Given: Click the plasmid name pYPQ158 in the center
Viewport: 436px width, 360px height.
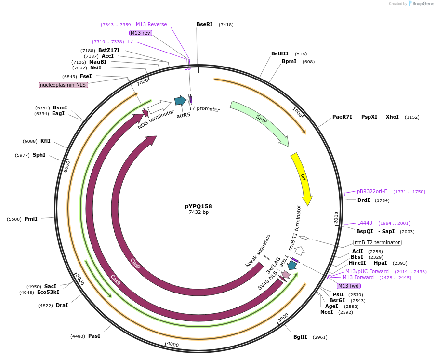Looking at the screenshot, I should point(198,206).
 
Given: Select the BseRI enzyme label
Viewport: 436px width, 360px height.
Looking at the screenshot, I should point(204,24).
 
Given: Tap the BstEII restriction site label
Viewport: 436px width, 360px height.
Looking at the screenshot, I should point(279,54).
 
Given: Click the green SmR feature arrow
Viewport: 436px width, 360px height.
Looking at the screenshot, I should point(260,123).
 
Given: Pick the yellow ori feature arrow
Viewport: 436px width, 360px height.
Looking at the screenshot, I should point(302,178).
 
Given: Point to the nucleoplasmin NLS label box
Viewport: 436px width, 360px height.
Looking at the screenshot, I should point(63,85).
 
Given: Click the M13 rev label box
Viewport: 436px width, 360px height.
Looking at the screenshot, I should point(140,33).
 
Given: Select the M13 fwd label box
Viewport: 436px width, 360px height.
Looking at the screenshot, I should point(349,286).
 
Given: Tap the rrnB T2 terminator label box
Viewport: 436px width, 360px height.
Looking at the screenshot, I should point(377,242).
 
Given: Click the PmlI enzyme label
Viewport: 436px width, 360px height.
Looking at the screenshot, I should point(31,219).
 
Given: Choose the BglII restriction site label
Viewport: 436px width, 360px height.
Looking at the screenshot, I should point(300,337).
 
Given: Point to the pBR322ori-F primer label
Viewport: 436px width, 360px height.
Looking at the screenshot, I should point(371,192).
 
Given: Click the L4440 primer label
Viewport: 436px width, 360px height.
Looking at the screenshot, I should point(365,223).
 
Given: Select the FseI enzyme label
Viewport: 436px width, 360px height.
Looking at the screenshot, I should point(86,76).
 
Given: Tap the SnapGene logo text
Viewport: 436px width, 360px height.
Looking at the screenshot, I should point(423,4).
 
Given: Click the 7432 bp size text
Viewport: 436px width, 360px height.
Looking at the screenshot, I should point(198,213).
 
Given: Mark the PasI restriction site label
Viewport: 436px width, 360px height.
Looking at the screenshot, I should point(94,336).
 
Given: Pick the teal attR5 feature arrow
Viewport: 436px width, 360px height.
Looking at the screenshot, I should point(180,101).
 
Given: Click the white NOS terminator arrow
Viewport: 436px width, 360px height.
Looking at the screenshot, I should point(159,106).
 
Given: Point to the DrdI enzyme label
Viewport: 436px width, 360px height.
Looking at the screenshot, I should point(364,200).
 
